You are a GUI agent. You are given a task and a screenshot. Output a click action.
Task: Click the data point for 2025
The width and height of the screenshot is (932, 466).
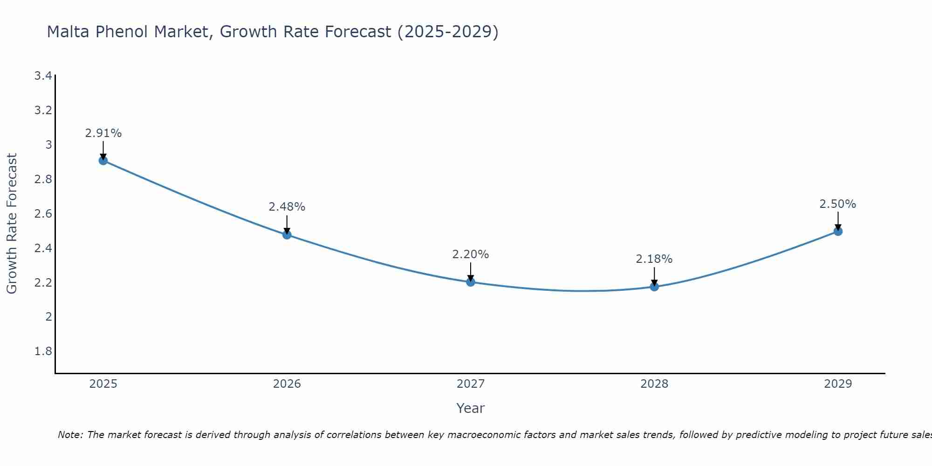tap(103, 161)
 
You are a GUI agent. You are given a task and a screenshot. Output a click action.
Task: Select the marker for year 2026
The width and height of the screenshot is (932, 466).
tap(287, 235)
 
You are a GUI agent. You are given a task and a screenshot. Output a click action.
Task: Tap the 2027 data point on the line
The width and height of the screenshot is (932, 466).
tap(471, 282)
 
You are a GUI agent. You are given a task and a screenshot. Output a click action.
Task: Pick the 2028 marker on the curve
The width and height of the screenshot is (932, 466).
tap(654, 287)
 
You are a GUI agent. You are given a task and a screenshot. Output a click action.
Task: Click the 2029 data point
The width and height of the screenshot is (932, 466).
tap(838, 231)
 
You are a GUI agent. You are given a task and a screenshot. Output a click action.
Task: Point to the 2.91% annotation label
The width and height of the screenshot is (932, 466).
tap(103, 133)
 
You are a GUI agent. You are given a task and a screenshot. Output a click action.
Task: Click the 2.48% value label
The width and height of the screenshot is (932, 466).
tap(287, 207)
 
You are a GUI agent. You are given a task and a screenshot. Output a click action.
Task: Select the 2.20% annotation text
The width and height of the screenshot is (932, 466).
tap(471, 254)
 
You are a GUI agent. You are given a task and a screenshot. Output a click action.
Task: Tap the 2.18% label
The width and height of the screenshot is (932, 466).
tap(654, 259)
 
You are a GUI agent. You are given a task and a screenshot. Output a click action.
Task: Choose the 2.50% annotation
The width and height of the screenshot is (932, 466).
tap(838, 204)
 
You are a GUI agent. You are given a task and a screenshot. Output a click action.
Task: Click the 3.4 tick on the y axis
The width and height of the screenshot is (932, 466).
tap(43, 76)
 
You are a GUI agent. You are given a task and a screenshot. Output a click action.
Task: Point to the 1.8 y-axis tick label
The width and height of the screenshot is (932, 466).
tap(43, 351)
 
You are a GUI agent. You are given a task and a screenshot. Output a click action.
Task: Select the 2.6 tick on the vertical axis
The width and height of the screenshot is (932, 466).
tap(43, 214)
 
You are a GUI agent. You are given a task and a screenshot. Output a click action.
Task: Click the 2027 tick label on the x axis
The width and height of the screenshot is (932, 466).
tap(471, 384)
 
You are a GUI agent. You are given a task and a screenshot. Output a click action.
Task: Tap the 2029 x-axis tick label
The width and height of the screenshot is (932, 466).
tap(838, 384)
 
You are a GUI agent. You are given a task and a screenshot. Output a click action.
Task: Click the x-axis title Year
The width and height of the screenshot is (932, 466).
tap(471, 408)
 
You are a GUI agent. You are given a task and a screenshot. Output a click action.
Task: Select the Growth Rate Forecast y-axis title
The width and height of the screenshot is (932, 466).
tap(12, 224)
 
